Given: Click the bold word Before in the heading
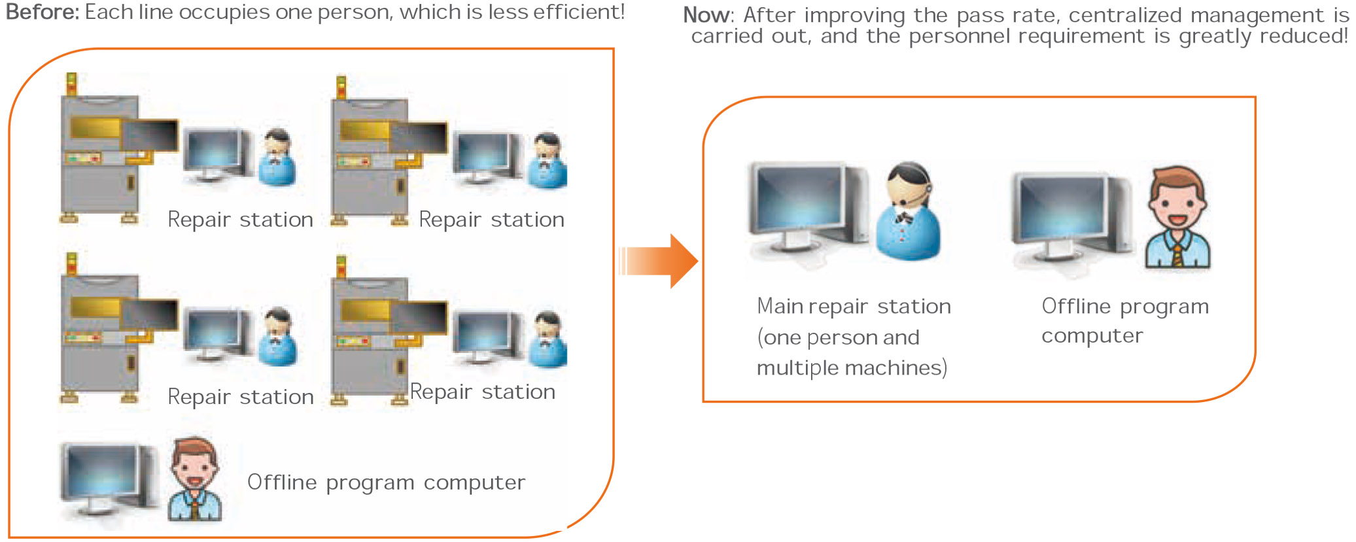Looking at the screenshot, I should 41,12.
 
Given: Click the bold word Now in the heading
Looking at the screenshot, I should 706,15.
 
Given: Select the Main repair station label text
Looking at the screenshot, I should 854,307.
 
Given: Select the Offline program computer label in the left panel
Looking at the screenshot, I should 386,483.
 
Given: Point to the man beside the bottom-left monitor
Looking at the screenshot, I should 194,481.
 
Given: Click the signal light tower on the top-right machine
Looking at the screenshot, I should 341,88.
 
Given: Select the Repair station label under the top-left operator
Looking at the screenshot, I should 240,220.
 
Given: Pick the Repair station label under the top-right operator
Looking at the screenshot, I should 491,220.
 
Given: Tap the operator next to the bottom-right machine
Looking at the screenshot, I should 548,340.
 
